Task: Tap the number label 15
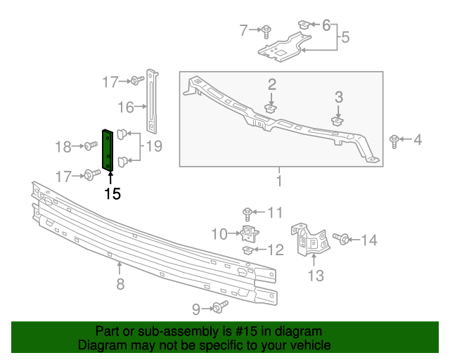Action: click(x=112, y=193)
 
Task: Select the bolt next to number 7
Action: click(x=268, y=30)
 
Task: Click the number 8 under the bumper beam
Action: click(x=120, y=284)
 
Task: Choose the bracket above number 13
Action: click(x=310, y=241)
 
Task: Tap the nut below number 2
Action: click(x=271, y=109)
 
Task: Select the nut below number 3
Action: click(x=337, y=121)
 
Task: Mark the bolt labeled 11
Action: click(x=248, y=212)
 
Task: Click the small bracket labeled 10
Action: click(x=248, y=232)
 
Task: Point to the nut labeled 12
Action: click(x=248, y=250)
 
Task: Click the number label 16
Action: click(x=126, y=107)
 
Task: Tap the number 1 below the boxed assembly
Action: click(x=279, y=182)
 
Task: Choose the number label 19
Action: click(x=153, y=146)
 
